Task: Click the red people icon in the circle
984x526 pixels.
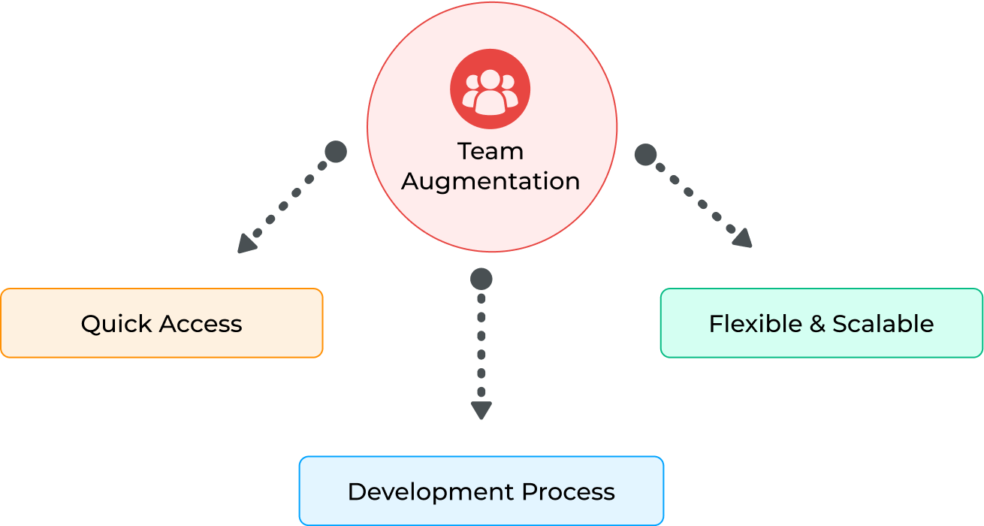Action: [x=490, y=89]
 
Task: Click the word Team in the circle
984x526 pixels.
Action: [x=490, y=151]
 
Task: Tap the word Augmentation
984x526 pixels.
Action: [x=490, y=182]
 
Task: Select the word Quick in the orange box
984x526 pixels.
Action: [x=114, y=324]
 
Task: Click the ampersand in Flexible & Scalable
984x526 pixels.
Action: [x=817, y=324]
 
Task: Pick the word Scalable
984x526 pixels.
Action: [x=883, y=324]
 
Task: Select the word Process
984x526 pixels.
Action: [x=569, y=492]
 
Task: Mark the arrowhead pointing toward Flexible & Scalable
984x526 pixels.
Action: [x=743, y=239]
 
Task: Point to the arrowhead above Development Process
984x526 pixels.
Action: [x=481, y=410]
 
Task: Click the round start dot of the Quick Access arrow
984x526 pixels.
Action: [x=336, y=152]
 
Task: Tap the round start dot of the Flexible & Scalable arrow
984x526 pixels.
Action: [x=645, y=155]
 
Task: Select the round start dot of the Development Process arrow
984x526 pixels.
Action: [x=481, y=280]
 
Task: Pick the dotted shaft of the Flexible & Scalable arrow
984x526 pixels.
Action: [x=696, y=198]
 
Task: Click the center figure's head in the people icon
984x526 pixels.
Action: [x=490, y=78]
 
